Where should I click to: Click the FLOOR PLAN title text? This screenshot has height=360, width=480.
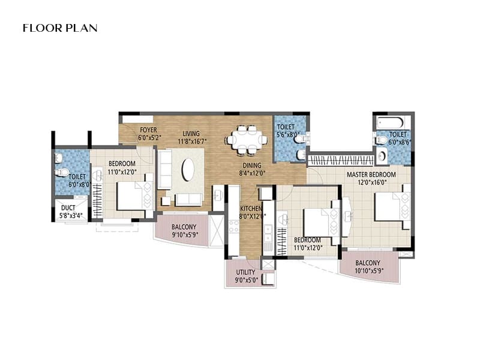(60, 28)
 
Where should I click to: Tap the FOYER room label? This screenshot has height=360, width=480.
(148, 130)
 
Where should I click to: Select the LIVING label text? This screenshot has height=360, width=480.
(191, 133)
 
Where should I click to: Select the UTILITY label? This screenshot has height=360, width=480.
(246, 272)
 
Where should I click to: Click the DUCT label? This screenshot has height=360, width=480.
(68, 208)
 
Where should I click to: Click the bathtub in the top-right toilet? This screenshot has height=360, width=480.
(393, 122)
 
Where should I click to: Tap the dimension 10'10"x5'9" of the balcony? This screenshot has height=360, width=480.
(367, 271)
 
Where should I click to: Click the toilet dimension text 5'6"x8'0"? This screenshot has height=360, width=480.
(286, 135)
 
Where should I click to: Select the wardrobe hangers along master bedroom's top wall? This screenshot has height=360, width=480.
(337, 161)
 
